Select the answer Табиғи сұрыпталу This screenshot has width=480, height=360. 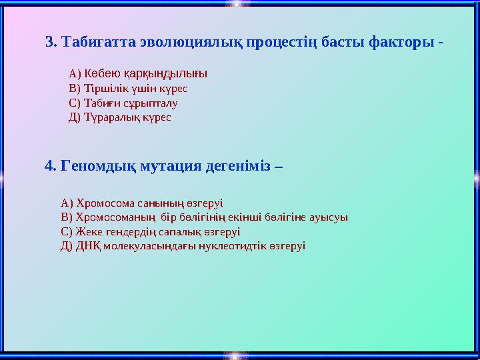(x=123, y=103)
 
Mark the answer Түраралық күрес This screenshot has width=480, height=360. (x=120, y=117)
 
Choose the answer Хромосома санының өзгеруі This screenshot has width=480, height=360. (x=141, y=203)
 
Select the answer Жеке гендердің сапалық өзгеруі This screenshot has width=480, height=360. (x=150, y=231)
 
